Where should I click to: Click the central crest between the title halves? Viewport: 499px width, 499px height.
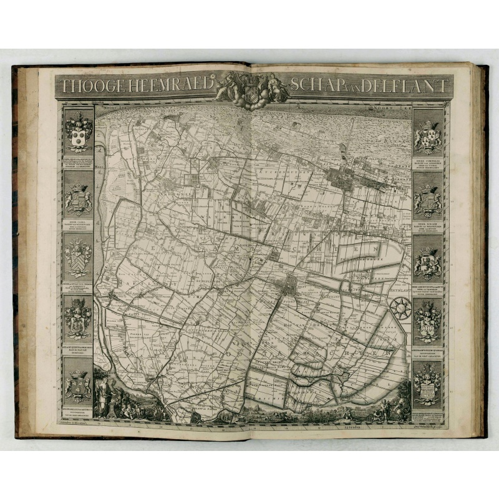pos(251,87)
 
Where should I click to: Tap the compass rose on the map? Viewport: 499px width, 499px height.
pos(400,308)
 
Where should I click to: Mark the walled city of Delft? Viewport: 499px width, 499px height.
pos(289,288)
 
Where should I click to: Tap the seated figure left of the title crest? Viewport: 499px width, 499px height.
pos(229,86)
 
